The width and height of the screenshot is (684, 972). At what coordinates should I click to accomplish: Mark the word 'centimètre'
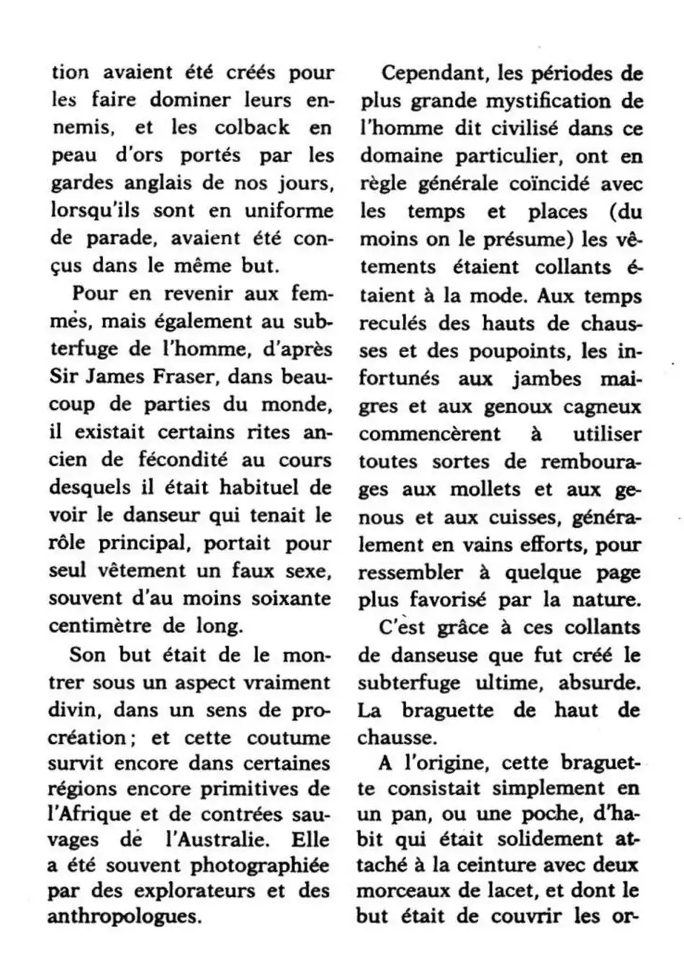[x=100, y=625]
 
